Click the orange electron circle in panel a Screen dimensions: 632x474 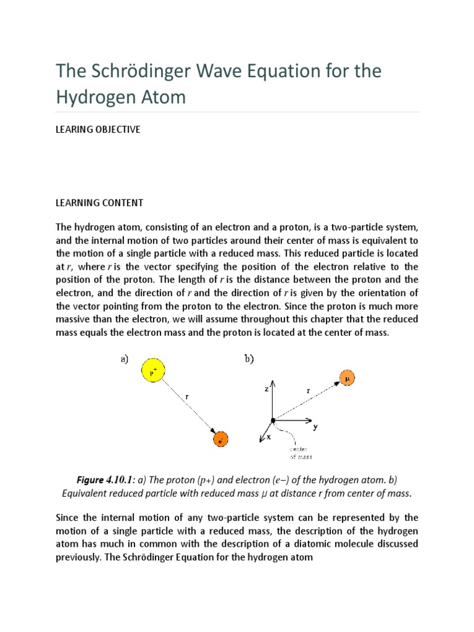point(220,439)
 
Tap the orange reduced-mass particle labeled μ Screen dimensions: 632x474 point(347,378)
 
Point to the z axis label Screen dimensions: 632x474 point(266,389)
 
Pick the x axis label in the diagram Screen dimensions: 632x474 point(268,438)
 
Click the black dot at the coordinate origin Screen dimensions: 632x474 point(272,421)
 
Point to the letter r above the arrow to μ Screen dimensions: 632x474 point(308,391)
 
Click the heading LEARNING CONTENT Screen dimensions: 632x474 point(99,202)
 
